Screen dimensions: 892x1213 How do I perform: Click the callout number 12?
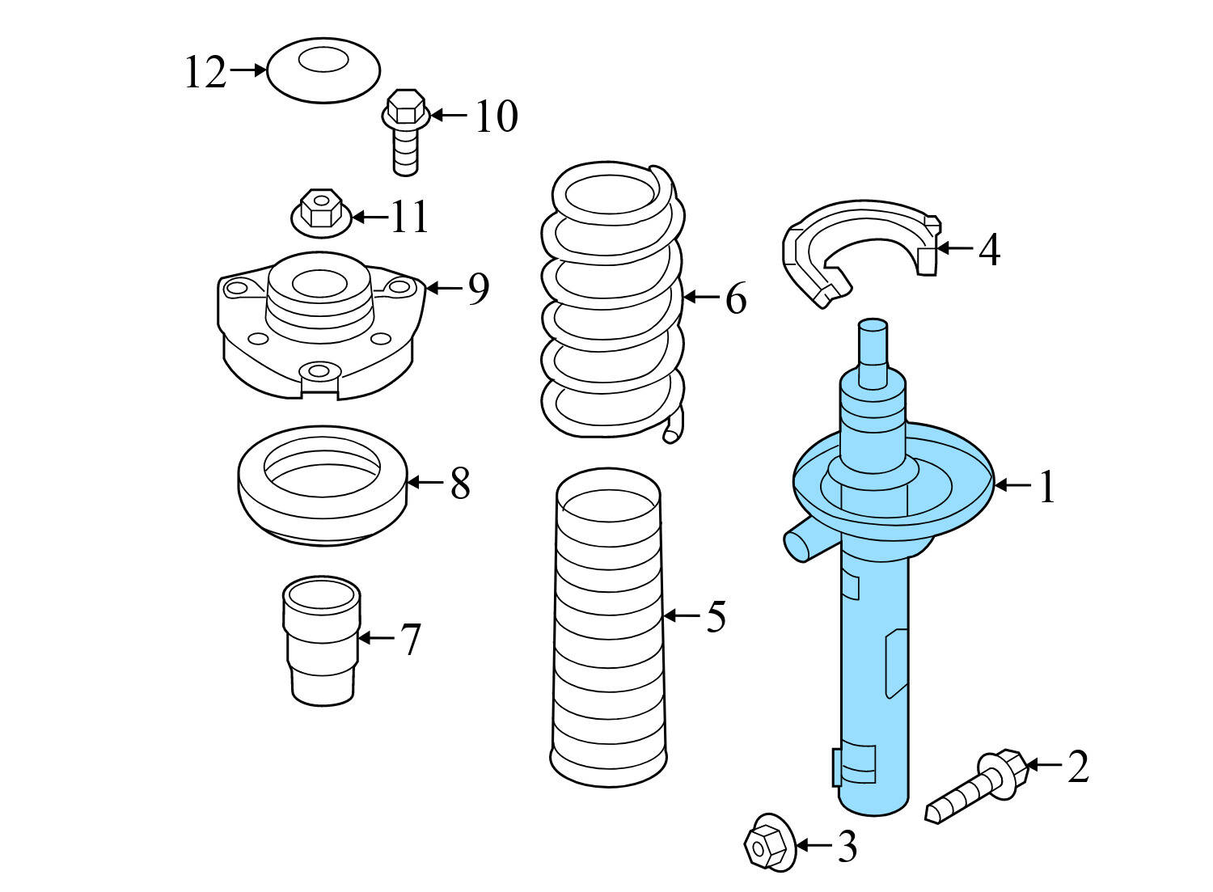pos(205,72)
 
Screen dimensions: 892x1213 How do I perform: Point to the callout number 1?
pos(1047,487)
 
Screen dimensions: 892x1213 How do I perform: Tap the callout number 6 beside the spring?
pos(734,299)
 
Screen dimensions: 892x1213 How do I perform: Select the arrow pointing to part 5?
pos(681,616)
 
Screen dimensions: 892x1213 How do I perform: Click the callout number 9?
pos(478,289)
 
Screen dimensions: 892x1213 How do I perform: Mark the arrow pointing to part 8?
pos(425,483)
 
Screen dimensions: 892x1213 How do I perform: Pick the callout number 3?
pos(846,847)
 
